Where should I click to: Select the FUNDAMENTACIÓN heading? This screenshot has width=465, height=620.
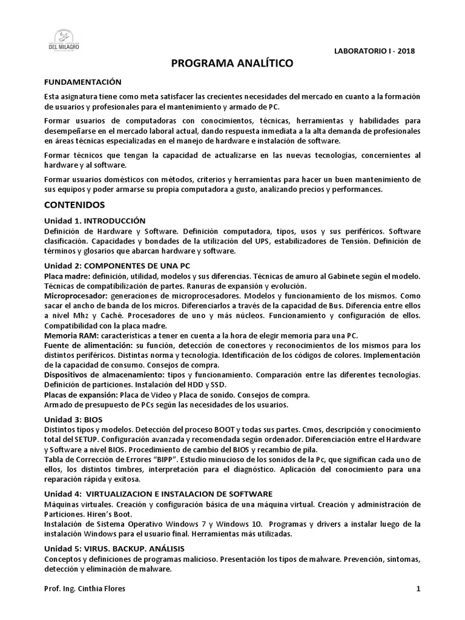(x=83, y=82)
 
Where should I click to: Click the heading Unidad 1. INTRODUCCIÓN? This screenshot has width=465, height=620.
(x=95, y=220)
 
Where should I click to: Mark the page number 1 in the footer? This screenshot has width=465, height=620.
(x=418, y=589)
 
